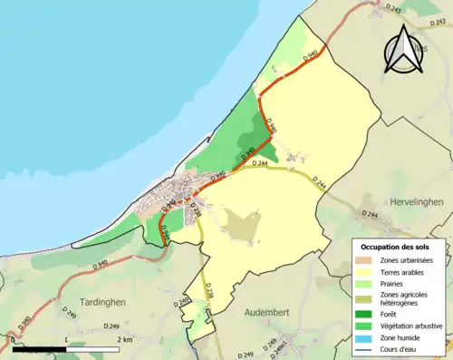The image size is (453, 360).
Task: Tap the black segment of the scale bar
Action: (x=39, y=349)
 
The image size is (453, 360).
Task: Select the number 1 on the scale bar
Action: (x=67, y=340)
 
